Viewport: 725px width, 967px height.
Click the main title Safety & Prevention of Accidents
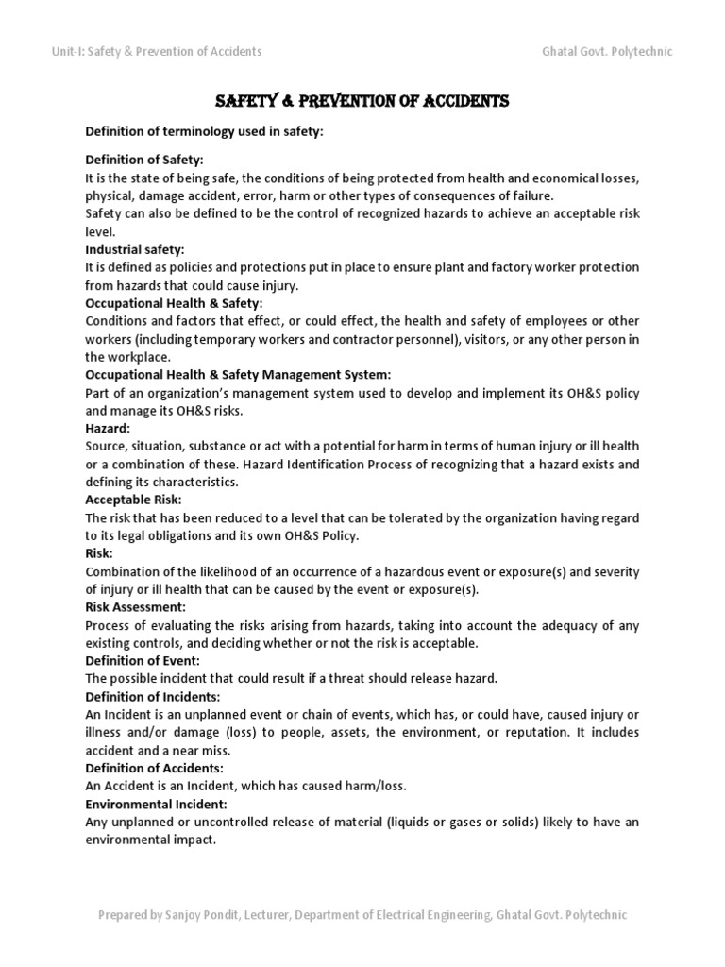click(x=362, y=101)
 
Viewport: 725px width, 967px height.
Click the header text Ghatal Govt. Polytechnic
click(x=608, y=51)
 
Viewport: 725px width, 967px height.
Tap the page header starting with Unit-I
click(x=157, y=51)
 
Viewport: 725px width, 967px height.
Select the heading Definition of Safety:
click(x=144, y=160)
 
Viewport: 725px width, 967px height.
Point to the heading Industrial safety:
click(x=134, y=249)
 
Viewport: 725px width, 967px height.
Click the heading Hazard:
click(x=109, y=428)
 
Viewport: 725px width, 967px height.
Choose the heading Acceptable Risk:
click(x=133, y=500)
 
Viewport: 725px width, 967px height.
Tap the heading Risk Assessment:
click(x=135, y=606)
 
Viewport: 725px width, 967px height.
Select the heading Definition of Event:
click(x=143, y=660)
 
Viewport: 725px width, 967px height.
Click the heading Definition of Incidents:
click(x=153, y=696)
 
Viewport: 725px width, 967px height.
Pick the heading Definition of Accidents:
click(x=154, y=768)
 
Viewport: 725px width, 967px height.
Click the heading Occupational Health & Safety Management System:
click(x=237, y=375)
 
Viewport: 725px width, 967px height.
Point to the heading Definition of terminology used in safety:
click(x=204, y=131)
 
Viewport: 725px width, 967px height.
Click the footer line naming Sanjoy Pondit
click(x=362, y=915)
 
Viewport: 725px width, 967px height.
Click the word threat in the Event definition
click(x=352, y=678)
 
